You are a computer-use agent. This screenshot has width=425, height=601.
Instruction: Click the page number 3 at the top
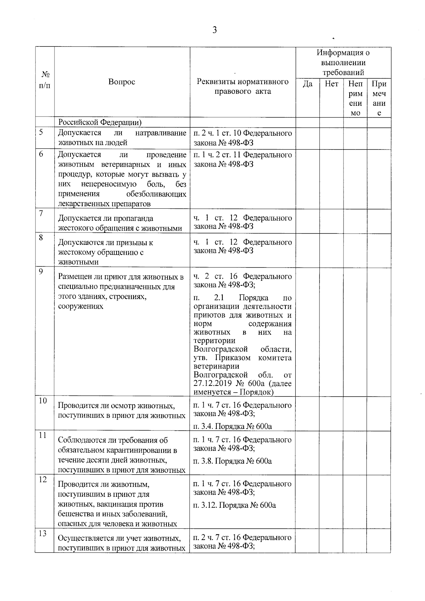[214, 30]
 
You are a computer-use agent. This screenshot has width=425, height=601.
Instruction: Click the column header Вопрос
[121, 82]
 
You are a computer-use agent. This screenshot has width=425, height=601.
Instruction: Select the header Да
[307, 84]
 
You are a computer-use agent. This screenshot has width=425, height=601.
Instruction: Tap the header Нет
[331, 84]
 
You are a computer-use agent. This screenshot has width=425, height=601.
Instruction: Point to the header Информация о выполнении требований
[343, 63]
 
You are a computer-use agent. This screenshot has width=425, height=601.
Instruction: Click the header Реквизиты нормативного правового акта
[243, 86]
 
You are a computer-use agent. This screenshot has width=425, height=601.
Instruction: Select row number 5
[41, 133]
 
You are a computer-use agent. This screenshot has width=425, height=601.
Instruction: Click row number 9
[41, 271]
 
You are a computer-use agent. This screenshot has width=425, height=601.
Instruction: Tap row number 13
[43, 534]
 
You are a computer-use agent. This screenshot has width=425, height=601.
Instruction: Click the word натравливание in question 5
[161, 133]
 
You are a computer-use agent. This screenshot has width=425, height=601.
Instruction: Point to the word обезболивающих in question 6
[156, 194]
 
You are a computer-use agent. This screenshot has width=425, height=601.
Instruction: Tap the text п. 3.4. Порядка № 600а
[232, 426]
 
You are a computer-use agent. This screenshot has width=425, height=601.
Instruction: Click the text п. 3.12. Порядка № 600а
[234, 505]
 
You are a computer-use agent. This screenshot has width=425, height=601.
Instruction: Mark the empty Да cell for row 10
[307, 414]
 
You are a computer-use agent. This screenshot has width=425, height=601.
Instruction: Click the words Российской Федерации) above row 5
[100, 122]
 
